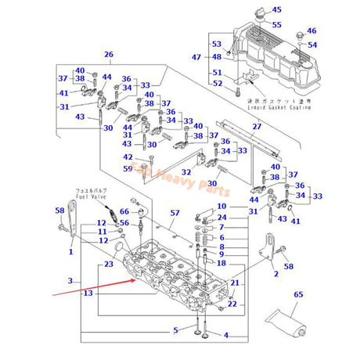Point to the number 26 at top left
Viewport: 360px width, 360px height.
109,54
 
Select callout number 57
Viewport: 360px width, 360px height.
175,213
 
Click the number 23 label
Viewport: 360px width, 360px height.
108,265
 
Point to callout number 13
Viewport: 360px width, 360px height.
88,293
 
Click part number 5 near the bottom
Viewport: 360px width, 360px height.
176,329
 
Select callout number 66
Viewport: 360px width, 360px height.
124,212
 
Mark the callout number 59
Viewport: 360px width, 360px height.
127,168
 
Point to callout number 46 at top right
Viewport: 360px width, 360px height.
311,31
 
